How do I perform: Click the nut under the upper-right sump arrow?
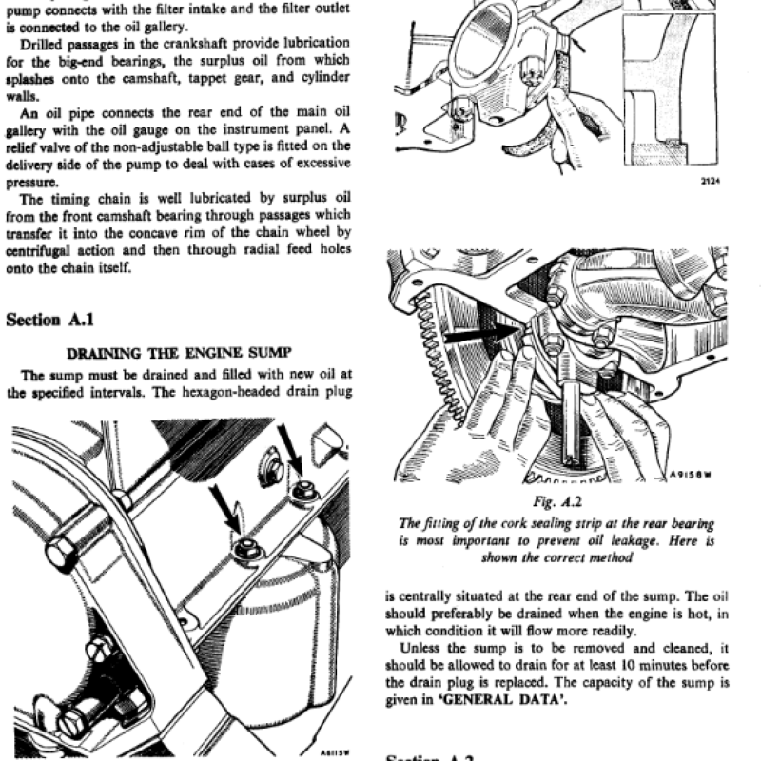(305, 491)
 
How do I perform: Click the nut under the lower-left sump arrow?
(247, 547)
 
